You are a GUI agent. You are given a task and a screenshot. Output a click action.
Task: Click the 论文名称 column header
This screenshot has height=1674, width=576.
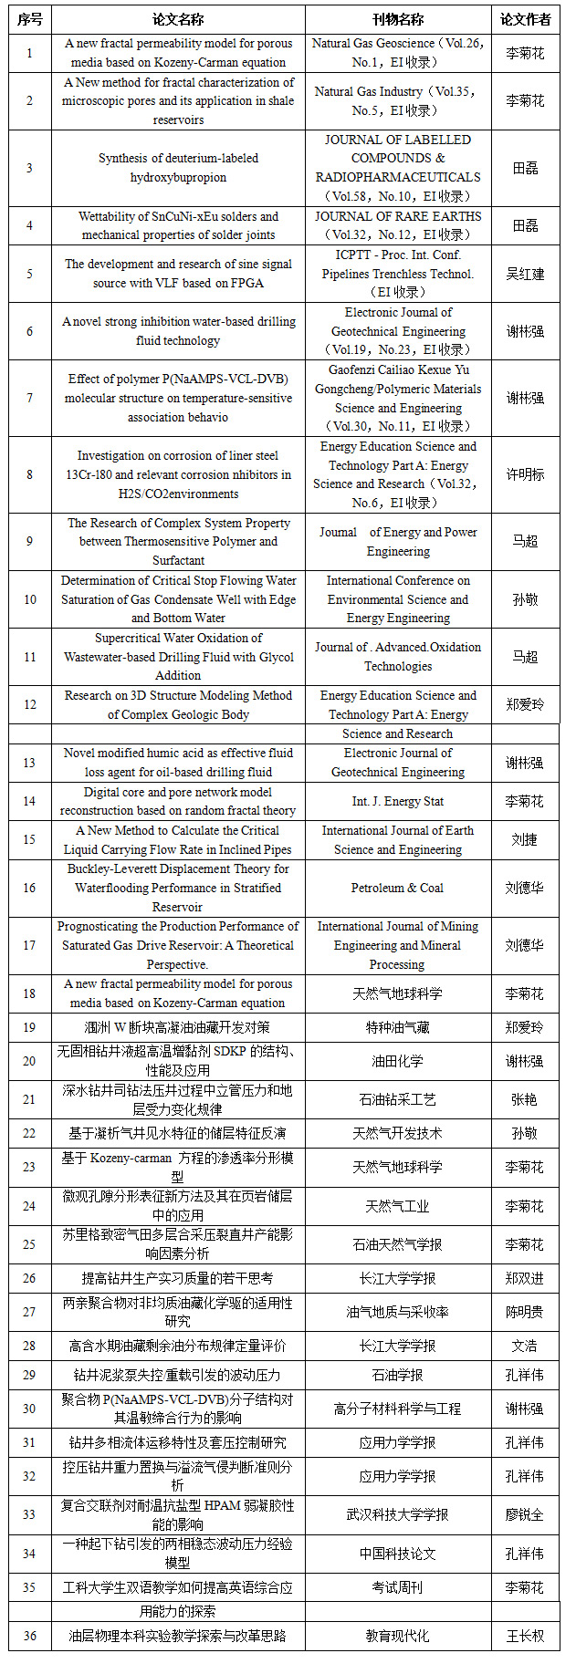[178, 19]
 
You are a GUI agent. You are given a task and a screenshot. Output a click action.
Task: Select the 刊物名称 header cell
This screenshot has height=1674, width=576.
[397, 19]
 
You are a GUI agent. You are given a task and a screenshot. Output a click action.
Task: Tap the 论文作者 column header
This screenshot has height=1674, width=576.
[525, 19]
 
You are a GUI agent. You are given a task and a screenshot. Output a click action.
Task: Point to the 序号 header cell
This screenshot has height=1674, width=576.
[29, 19]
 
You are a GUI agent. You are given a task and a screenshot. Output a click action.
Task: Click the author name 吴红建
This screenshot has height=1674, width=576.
[525, 274]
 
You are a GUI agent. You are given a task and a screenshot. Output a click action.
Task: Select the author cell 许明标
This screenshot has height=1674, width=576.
[525, 474]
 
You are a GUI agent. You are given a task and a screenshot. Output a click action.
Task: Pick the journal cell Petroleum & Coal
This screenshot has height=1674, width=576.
[397, 888]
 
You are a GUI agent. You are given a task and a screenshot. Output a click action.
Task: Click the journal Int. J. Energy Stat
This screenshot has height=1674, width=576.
[397, 801]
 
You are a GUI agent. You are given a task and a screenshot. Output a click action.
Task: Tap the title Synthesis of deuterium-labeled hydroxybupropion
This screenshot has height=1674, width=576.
[178, 168]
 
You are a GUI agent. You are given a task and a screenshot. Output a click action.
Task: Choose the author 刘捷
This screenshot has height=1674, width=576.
[525, 839]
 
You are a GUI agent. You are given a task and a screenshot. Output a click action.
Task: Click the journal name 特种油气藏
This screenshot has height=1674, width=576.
[397, 1027]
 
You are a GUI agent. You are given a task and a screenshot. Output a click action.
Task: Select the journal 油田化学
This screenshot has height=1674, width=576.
[397, 1061]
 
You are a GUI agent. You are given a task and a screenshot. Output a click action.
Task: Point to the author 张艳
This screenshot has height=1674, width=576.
[525, 1099]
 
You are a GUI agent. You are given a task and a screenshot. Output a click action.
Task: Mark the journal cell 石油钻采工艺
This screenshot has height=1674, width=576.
[397, 1099]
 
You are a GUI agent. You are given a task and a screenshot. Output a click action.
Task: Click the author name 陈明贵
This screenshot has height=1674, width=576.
[525, 1312]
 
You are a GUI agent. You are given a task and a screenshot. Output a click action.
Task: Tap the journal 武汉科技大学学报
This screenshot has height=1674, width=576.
[397, 1514]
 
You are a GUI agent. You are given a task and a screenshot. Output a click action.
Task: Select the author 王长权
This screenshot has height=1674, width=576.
[525, 1636]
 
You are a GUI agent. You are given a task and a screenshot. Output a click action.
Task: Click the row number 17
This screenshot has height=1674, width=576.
[29, 945]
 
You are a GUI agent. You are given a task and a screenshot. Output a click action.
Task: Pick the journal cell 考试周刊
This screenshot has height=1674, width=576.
[397, 1587]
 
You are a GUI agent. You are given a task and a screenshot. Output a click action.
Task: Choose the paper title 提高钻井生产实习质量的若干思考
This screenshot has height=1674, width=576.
[178, 1278]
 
